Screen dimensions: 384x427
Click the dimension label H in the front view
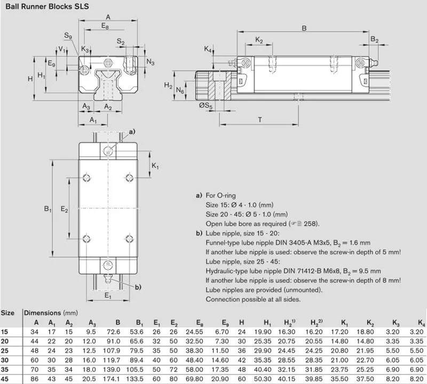(x=30, y=78)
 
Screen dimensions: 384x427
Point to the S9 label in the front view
(x=68, y=36)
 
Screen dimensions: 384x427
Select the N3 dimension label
(x=151, y=62)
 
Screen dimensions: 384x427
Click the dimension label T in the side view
(x=259, y=119)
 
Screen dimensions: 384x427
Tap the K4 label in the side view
(x=208, y=50)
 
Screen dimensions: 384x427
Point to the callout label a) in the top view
(x=132, y=131)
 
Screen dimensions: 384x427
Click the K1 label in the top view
(x=155, y=166)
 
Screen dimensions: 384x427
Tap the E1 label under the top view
(x=108, y=295)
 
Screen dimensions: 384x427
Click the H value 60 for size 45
(x=242, y=379)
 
